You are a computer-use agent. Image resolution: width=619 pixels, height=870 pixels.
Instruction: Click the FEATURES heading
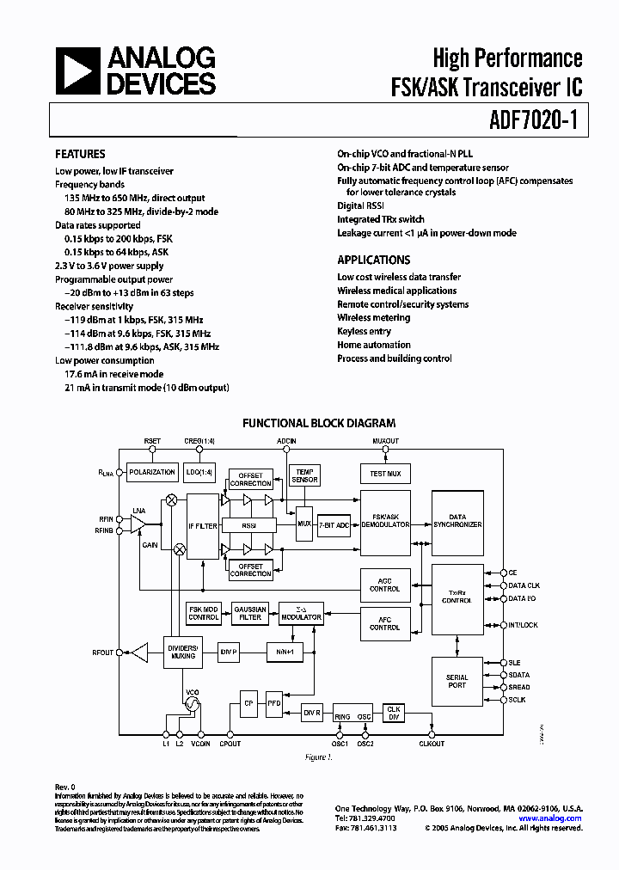pos(81,155)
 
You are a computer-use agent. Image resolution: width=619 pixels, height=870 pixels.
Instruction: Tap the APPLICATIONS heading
pos(373,260)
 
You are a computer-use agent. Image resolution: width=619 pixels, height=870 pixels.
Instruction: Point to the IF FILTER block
pos(203,524)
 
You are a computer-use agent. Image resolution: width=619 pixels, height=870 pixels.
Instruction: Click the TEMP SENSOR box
pos(304,475)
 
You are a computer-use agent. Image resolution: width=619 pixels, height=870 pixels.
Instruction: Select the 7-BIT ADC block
pos(334,524)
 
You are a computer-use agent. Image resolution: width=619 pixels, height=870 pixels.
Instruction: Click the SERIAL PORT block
pos(457,682)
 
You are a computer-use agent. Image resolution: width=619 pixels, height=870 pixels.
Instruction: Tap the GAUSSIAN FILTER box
pos(250,613)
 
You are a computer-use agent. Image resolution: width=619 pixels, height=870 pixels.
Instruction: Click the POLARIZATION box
pos(151,473)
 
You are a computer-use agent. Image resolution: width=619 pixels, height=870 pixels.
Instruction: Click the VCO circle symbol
pos(191,704)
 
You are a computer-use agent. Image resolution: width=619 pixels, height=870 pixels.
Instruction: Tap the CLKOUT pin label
pos(432,743)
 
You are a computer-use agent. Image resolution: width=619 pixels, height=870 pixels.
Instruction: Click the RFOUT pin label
pos(102,653)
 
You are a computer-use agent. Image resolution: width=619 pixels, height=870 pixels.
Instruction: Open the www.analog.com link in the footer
pos(550,818)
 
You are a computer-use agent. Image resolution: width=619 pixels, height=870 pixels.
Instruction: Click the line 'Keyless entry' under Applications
pos(364,331)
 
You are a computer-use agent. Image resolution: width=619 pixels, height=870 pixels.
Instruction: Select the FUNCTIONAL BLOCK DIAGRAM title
pos(319,423)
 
